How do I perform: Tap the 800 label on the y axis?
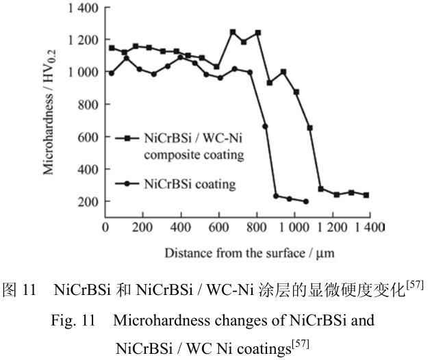click(x=86, y=105)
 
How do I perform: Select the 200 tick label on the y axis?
click(x=86, y=202)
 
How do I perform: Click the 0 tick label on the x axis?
click(x=105, y=226)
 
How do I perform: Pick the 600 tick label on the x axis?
click(x=218, y=226)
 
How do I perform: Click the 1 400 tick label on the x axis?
click(x=368, y=226)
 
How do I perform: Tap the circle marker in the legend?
click(x=127, y=183)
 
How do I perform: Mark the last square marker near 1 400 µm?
click(x=366, y=195)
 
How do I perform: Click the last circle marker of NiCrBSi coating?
click(x=305, y=201)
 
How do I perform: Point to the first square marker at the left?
click(x=112, y=48)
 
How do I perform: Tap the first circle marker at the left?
click(x=112, y=73)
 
